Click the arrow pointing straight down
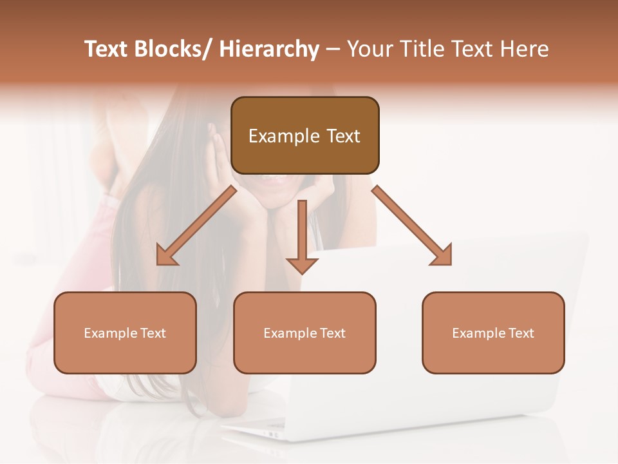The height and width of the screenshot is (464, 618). pos(302,238)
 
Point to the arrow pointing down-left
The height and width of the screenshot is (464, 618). pos(196,226)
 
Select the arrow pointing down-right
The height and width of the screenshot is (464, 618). pos(412,226)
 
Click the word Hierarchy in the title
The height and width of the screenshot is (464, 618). pos(268,50)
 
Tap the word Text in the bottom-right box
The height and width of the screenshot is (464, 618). pos(520,333)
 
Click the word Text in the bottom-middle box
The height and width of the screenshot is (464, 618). pos(332,333)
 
